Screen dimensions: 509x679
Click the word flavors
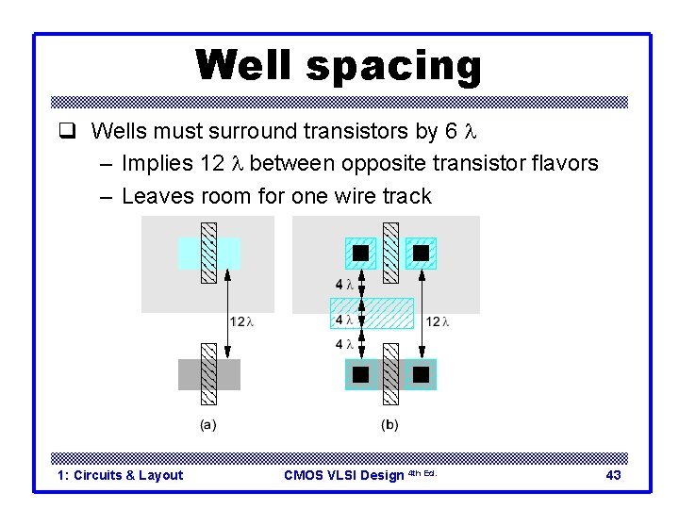[562, 164]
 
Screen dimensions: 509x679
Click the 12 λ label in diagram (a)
[242, 321]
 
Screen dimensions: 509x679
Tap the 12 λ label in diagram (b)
[438, 321]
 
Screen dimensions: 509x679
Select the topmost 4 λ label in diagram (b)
[344, 284]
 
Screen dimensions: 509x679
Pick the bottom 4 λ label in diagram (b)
[344, 345]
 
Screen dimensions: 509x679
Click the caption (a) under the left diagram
[208, 425]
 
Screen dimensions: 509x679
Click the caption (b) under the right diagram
[389, 425]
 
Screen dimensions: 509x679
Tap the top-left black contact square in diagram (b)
[360, 253]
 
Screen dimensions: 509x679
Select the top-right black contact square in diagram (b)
[421, 253]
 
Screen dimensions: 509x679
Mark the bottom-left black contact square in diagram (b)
[360, 374]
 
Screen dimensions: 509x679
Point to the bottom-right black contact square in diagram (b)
[421, 374]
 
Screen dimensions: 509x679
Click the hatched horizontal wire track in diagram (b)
[372, 313]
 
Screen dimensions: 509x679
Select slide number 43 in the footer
[613, 475]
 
